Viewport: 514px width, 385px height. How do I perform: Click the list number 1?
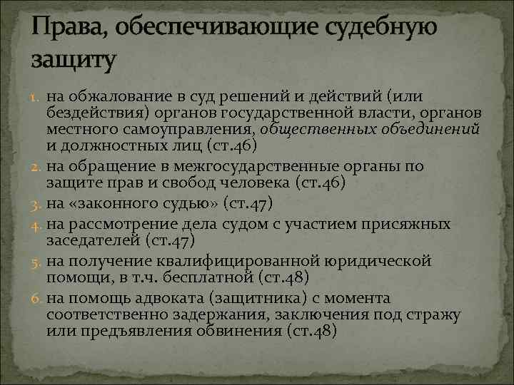click(36, 96)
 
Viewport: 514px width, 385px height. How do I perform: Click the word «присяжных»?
click(408, 224)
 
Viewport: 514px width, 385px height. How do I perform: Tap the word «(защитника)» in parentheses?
click(258, 298)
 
